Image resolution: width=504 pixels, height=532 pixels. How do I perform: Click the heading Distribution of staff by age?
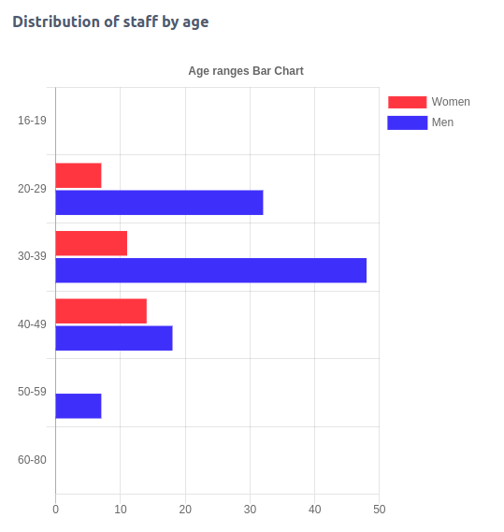click(110, 22)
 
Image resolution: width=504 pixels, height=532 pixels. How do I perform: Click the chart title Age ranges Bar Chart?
click(246, 71)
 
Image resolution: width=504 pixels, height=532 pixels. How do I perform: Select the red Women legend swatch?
click(407, 102)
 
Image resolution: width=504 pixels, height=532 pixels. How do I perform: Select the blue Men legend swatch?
click(407, 122)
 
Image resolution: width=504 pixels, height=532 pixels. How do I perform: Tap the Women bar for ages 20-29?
click(79, 176)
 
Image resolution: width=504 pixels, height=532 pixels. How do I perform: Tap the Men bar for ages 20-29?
click(159, 203)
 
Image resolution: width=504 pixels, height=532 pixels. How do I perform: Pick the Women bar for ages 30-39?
click(91, 243)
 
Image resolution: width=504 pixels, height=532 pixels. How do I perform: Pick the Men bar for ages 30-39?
click(210, 270)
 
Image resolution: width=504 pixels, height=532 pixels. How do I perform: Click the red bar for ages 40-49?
click(101, 311)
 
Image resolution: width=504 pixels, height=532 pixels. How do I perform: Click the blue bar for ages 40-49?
click(114, 338)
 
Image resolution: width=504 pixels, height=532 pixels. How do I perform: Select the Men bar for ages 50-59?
click(79, 406)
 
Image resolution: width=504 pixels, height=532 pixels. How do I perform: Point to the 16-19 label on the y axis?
click(32, 121)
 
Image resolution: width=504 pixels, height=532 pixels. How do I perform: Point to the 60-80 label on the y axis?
click(32, 460)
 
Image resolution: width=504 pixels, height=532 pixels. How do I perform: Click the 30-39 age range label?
click(32, 256)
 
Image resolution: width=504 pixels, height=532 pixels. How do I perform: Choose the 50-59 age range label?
click(32, 392)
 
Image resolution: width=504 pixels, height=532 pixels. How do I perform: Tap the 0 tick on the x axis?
click(55, 509)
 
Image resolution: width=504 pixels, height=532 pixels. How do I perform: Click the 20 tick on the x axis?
click(185, 509)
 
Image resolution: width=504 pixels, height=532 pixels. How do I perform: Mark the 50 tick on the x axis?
click(379, 509)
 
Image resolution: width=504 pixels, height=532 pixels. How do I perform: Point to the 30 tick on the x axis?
click(250, 509)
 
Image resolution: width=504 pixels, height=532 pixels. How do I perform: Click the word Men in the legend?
click(442, 122)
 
